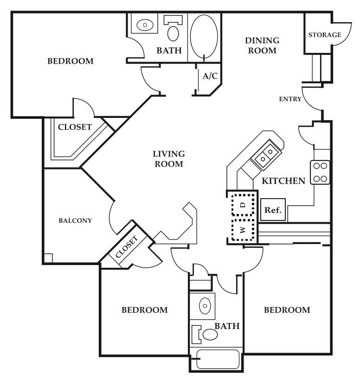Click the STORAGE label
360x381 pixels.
click(325, 35)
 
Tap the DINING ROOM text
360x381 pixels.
click(262, 45)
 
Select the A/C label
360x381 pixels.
click(210, 76)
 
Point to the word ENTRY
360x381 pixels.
click(290, 99)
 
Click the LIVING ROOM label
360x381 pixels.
click(169, 159)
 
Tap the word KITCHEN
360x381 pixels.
click(283, 181)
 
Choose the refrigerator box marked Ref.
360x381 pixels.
click(273, 210)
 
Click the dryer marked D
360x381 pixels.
click(243, 205)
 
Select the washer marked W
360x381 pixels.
click(243, 230)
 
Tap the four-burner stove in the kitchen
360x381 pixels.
click(320, 172)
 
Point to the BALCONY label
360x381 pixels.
click(75, 220)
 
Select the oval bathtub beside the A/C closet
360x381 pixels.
click(204, 36)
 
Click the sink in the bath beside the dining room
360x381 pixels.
click(145, 24)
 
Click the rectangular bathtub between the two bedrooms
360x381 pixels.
click(218, 359)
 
